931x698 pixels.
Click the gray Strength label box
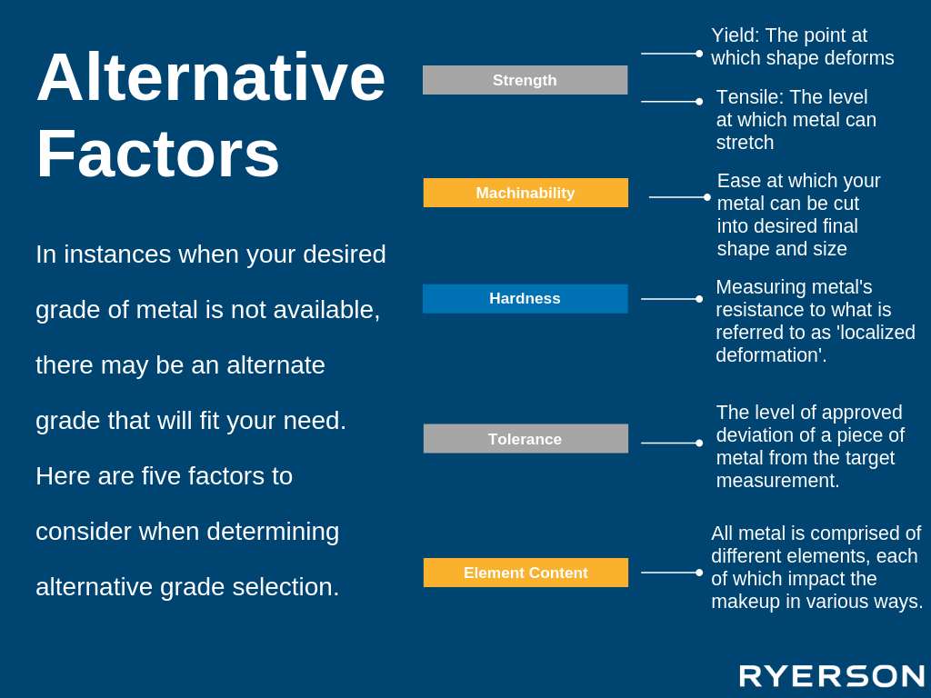click(x=525, y=80)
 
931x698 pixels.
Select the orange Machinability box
click(x=526, y=193)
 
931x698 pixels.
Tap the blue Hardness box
click(x=525, y=298)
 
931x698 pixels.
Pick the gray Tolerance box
click(x=526, y=439)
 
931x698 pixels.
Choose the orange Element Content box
click(x=526, y=573)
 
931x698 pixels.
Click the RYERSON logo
click(x=832, y=676)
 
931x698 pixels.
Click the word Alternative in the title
click(x=211, y=77)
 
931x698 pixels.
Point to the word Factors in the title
click(x=158, y=154)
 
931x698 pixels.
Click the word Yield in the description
click(x=735, y=35)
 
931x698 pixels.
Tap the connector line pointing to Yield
click(x=672, y=54)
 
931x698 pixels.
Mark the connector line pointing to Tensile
click(x=672, y=102)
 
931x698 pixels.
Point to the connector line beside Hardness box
click(x=672, y=299)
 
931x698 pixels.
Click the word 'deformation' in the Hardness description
click(x=768, y=355)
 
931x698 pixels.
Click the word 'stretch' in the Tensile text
click(x=746, y=143)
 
